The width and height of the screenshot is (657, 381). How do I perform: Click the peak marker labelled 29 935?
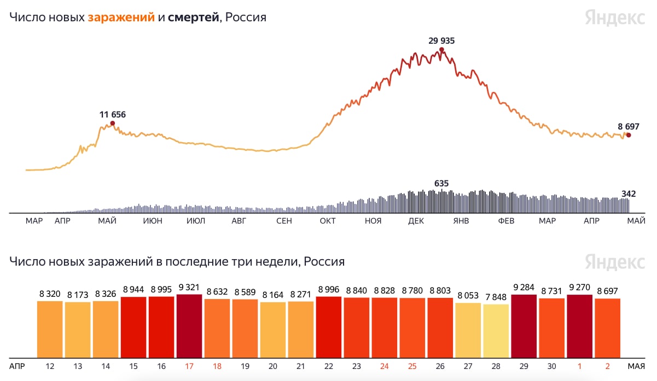coord(441,50)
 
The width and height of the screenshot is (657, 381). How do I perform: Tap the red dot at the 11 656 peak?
coord(113,124)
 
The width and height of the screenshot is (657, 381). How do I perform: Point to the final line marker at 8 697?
coord(629,135)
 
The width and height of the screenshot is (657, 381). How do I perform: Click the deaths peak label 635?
coord(441,184)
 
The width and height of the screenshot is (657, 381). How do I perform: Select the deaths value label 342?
coord(629,194)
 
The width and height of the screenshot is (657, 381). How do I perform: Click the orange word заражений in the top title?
coord(121,17)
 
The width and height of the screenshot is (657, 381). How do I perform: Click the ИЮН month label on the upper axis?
coord(152,221)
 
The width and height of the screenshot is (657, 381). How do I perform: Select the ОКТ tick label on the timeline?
coord(328,221)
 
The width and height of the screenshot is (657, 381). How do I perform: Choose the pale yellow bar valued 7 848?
coord(496,331)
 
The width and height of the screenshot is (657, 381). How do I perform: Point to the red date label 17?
coord(189,365)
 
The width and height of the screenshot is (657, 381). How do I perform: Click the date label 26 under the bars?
coord(440,365)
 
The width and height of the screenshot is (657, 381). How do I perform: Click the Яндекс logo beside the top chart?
coord(614,17)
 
